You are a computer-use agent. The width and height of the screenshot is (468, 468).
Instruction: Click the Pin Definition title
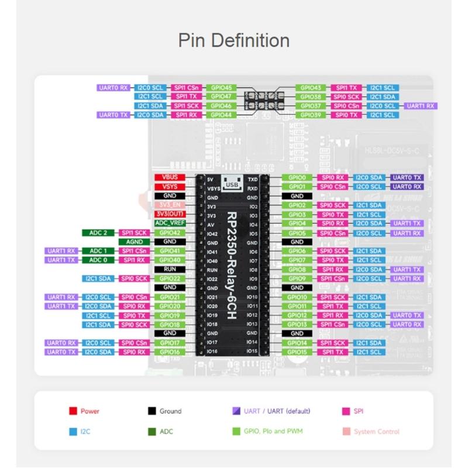(234, 41)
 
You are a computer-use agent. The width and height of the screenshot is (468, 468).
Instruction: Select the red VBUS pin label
(170, 177)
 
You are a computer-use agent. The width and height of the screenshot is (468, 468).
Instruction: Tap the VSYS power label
(170, 187)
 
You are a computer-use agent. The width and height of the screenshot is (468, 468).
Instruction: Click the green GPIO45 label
(221, 88)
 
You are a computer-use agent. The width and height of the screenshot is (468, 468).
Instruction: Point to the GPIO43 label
(310, 88)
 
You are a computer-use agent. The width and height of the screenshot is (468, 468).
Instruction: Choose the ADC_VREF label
(170, 223)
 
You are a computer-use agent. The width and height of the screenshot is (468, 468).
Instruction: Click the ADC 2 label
(98, 233)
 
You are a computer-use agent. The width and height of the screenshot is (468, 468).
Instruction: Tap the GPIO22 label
(170, 278)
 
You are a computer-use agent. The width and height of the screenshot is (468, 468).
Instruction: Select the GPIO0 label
(297, 177)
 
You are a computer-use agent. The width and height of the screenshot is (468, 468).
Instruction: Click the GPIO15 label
(297, 352)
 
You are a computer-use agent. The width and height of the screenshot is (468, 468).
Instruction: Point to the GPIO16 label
(170, 352)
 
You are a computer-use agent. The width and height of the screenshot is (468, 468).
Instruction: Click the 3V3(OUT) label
(170, 214)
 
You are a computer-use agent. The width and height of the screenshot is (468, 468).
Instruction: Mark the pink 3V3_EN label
(170, 205)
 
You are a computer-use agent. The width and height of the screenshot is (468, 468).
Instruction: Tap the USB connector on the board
(232, 184)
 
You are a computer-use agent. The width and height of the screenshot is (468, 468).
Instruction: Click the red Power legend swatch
(73, 411)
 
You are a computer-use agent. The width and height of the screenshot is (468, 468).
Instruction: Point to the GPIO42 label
(170, 233)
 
